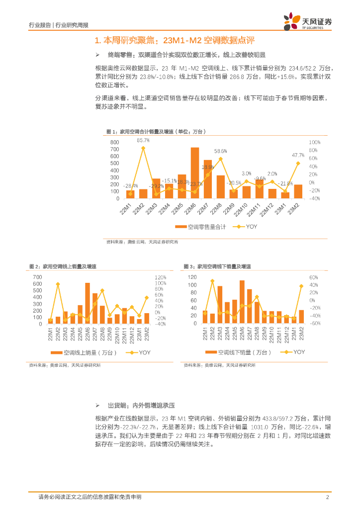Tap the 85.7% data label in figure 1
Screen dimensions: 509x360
pos(143,141)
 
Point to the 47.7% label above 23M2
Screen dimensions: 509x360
pos(298,155)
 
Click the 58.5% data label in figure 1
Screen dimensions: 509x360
pos(221,151)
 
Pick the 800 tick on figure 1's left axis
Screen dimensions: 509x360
pos(115,142)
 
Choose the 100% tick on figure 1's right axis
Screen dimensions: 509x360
pos(314,142)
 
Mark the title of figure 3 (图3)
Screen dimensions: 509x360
pos(217,267)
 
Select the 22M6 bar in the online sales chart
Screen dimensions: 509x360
pos(88,303)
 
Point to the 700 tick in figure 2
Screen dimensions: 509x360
pos(38,277)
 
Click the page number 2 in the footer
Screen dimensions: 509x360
pos(328,497)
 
